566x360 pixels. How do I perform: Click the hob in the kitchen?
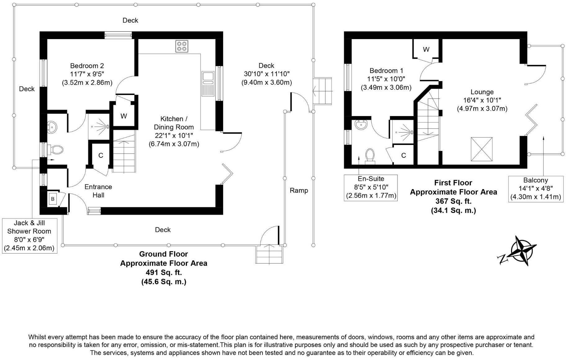pos(182,46)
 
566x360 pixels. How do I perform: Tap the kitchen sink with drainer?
pos(208,83)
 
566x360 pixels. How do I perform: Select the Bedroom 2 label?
pos(87,66)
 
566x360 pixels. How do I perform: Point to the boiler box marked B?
pos(53,199)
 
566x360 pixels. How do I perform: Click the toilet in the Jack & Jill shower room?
pos(56,150)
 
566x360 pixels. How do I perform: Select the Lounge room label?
pos(482,92)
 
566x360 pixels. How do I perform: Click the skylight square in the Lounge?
pos(482,149)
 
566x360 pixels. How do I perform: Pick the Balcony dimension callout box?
pos(536,189)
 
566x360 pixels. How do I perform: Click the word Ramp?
pos(299,191)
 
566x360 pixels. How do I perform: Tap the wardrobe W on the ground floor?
pos(124,116)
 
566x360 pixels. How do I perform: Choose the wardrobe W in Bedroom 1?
pos(426,49)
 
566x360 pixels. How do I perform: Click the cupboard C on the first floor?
pos(403,155)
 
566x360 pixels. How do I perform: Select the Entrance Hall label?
pos(98,191)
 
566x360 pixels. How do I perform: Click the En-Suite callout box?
pos(371,187)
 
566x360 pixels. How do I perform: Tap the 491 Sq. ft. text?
pos(164,272)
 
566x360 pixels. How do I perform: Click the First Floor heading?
pos(453,183)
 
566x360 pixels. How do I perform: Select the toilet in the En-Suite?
pos(370,156)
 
